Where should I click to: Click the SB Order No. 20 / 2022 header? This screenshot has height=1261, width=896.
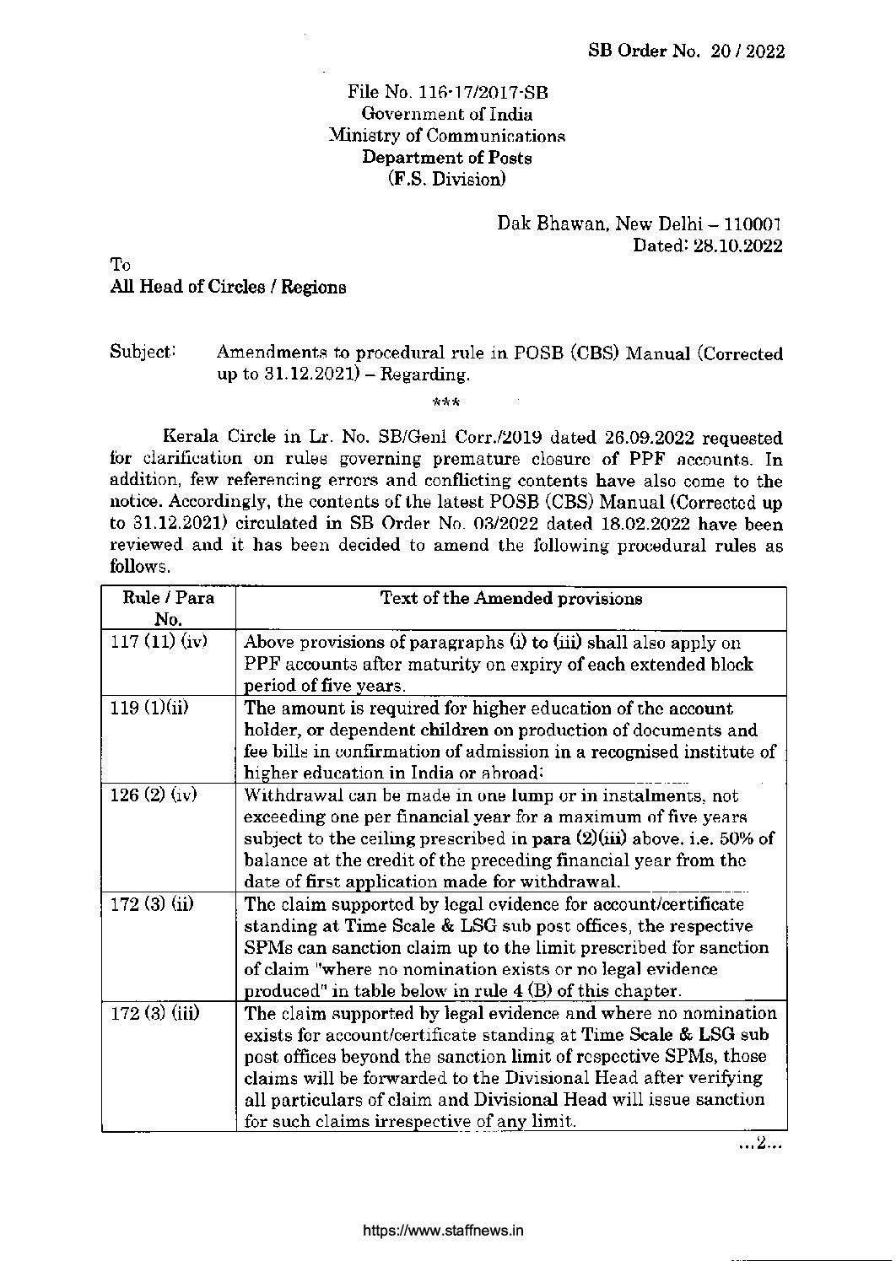coord(686,51)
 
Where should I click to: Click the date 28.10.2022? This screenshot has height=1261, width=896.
coord(740,246)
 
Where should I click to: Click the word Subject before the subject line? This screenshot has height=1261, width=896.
coord(141,352)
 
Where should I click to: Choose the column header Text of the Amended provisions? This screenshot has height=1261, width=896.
coord(511,599)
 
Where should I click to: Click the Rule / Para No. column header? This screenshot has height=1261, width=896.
coord(168,609)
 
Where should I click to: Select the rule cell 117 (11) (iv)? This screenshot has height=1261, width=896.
coord(159,641)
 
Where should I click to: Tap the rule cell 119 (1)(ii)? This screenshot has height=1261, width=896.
coord(150,707)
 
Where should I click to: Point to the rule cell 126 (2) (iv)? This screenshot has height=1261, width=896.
coord(154,795)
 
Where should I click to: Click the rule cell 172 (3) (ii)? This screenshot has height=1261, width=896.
coord(154,904)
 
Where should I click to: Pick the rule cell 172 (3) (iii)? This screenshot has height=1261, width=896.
coord(156,1013)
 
